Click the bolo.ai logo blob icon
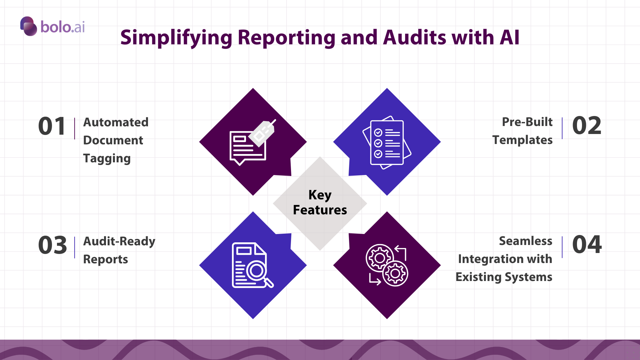coord(29,26)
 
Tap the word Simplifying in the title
coord(176,38)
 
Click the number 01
coord(52,126)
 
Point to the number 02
coord(587,126)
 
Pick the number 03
coord(52,245)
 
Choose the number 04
coord(587,244)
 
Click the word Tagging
coord(107,159)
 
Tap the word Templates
coord(522,140)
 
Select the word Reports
coord(105,259)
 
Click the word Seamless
coord(525,241)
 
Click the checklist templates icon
coord(387,142)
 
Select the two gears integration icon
coord(387,265)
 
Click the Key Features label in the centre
coord(320,202)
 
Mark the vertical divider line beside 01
coord(75,128)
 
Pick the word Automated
coord(116,122)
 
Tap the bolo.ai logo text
coord(63,27)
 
